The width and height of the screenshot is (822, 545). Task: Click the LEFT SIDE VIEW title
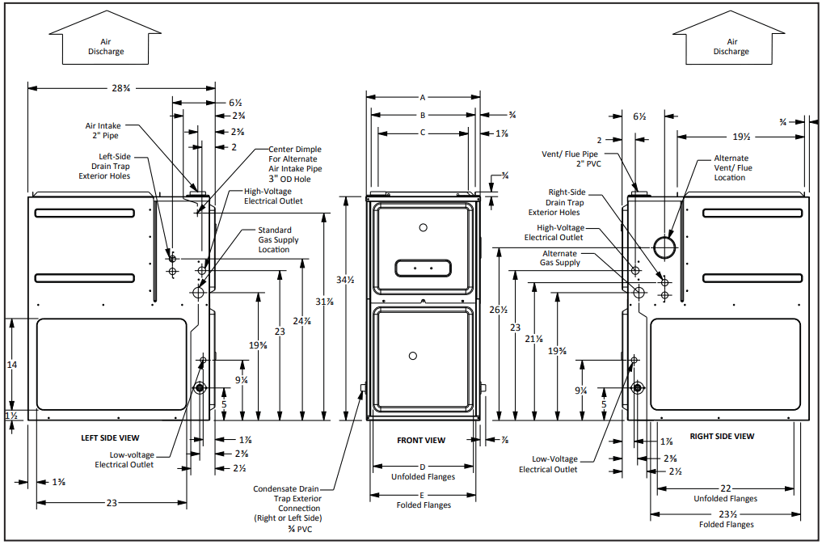click(x=110, y=437)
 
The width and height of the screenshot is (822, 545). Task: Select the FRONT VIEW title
click(x=421, y=441)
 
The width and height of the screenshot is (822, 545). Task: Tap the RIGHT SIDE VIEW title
click(x=722, y=437)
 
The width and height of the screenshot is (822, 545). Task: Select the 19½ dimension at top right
click(x=741, y=137)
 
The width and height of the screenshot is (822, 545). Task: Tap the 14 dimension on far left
click(x=12, y=365)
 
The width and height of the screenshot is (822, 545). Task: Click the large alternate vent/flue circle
click(x=664, y=247)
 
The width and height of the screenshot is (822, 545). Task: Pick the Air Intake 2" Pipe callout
click(x=103, y=131)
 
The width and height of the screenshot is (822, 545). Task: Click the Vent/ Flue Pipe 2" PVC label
click(x=571, y=158)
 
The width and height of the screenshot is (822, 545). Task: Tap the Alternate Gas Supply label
click(x=560, y=258)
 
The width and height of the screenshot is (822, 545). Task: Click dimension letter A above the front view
click(x=422, y=97)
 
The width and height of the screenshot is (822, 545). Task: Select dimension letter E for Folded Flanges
click(x=422, y=495)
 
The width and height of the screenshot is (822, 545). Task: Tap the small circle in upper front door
click(x=423, y=227)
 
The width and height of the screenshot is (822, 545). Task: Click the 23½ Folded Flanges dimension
click(x=726, y=514)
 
